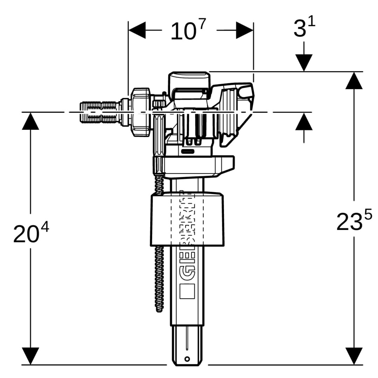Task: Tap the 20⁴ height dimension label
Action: pos(31,233)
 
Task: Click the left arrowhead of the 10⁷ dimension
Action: pos(137,30)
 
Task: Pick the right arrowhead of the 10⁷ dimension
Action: pos(244,30)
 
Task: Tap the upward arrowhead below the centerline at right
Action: pos(304,121)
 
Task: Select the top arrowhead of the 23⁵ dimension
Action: pos(354,80)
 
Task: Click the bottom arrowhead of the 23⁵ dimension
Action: pos(354,356)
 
